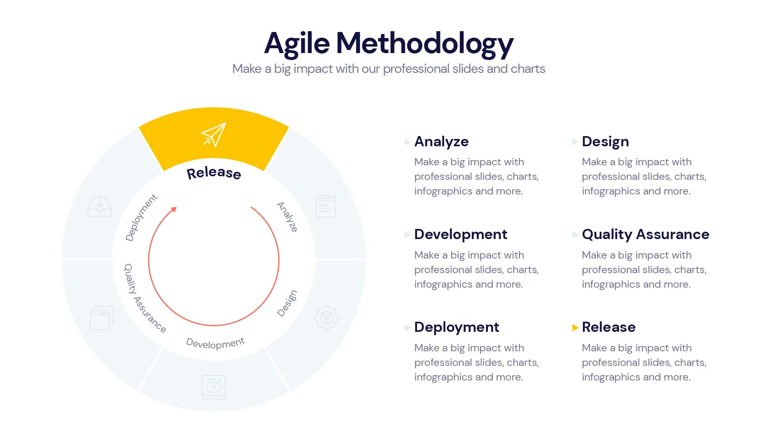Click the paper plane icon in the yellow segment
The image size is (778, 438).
(x=214, y=135)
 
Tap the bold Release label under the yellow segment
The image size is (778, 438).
(x=214, y=173)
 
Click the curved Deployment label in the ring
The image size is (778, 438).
(x=141, y=218)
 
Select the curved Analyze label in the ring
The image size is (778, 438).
(x=287, y=217)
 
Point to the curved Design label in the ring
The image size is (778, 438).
(x=287, y=303)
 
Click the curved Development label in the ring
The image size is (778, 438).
(x=215, y=343)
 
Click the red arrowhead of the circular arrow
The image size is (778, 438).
(x=174, y=209)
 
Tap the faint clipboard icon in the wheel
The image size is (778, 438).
(x=325, y=206)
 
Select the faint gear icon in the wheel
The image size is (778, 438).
(x=326, y=318)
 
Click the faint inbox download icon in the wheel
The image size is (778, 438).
(x=100, y=206)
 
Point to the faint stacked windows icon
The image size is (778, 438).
(x=102, y=318)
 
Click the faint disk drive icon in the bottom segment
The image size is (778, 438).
(x=214, y=387)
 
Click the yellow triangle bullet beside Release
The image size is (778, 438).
(x=575, y=327)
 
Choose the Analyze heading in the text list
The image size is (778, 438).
(x=441, y=141)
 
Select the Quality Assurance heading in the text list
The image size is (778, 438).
(x=645, y=234)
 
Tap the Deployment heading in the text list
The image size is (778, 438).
(x=457, y=327)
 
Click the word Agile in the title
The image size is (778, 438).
(x=297, y=43)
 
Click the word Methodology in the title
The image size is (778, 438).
(x=425, y=43)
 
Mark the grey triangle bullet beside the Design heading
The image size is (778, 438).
(x=575, y=142)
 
